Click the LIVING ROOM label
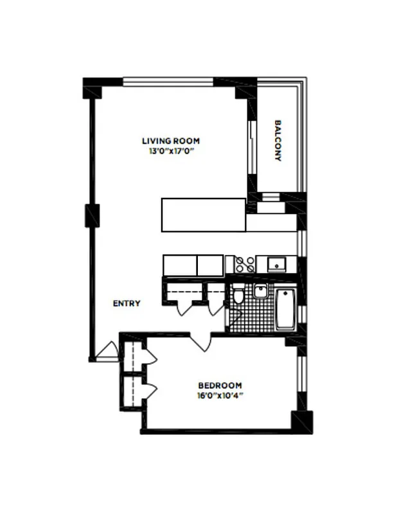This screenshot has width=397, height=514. click(170, 141)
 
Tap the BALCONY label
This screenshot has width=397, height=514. click(278, 140)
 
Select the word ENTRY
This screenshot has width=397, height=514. click(127, 303)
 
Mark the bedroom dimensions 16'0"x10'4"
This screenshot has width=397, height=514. click(219, 396)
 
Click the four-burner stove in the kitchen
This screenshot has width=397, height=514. click(245, 264)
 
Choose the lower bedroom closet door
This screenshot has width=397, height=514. click(150, 389)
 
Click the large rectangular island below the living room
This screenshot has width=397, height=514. click(203, 215)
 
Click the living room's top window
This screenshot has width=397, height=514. click(168, 82)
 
